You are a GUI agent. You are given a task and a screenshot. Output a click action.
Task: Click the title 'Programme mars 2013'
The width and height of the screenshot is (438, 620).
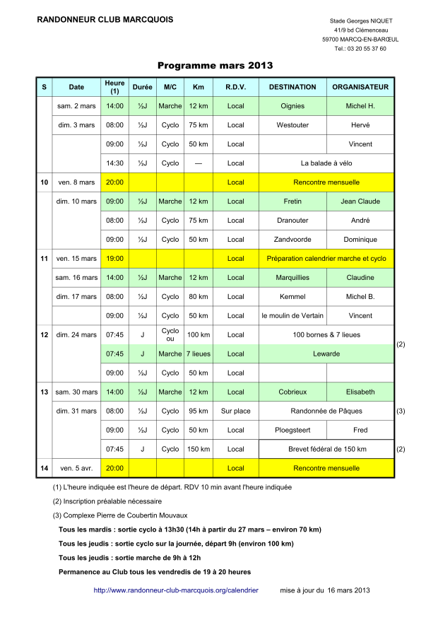[x=215, y=66]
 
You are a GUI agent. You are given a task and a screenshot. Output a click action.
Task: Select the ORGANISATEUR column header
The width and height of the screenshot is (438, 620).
[x=360, y=87]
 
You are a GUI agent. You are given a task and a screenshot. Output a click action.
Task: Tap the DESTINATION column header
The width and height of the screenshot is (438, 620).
[x=292, y=87]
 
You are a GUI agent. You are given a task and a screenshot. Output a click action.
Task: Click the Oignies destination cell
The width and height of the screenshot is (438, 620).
[x=292, y=106]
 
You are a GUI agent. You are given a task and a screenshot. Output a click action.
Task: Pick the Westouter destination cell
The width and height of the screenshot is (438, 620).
[x=292, y=125]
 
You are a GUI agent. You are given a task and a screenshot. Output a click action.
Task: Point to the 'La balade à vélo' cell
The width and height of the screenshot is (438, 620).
[x=326, y=163]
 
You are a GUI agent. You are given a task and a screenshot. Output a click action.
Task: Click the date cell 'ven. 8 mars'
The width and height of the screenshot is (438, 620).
[x=76, y=182]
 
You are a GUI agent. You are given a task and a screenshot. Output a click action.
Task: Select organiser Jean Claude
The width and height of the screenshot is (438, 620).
[x=360, y=201]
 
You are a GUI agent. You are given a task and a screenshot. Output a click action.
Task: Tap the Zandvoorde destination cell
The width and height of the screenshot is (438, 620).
[x=292, y=240]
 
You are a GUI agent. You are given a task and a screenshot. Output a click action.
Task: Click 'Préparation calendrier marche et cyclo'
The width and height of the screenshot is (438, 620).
[x=326, y=259]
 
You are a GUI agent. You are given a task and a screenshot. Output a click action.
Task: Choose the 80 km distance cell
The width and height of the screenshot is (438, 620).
[x=199, y=297]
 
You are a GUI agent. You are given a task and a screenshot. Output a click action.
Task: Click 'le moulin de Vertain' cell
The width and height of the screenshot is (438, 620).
[x=292, y=316]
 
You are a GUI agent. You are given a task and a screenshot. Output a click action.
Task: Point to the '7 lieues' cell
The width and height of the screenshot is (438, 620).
[x=199, y=353]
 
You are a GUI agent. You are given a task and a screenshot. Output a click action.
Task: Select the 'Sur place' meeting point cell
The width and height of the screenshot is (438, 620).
[x=236, y=411]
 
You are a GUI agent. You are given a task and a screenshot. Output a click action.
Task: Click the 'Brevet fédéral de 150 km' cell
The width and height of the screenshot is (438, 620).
[x=326, y=449]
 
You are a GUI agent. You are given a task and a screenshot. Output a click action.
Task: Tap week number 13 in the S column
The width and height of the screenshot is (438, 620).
[x=44, y=392]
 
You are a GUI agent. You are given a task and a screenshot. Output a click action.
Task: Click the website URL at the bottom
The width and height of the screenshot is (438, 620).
[x=176, y=590]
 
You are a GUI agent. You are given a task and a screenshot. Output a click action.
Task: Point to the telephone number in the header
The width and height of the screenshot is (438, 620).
[x=360, y=49]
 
